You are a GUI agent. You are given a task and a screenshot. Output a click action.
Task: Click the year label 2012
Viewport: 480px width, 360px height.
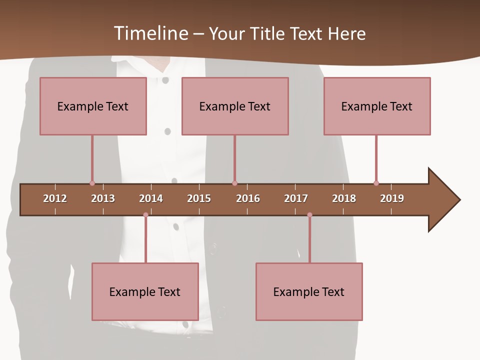tap(55, 198)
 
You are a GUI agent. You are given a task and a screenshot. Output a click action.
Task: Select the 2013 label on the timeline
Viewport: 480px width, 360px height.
tap(103, 198)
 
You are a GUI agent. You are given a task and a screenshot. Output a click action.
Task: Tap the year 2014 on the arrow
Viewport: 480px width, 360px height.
tap(151, 198)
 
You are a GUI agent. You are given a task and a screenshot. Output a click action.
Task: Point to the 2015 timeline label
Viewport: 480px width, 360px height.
tap(199, 198)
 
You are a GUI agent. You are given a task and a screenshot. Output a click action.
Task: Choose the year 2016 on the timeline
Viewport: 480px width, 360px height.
tap(248, 198)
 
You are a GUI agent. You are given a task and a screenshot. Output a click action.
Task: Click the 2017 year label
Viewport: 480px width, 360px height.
tap(296, 198)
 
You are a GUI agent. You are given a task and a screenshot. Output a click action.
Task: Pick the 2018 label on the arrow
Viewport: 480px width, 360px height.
tap(344, 198)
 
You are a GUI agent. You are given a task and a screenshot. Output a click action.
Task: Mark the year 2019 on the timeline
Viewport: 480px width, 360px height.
tap(392, 198)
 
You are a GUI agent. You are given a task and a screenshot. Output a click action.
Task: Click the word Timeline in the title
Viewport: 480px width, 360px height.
tap(150, 33)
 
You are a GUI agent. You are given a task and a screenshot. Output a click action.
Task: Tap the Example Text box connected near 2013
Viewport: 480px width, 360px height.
tap(93, 106)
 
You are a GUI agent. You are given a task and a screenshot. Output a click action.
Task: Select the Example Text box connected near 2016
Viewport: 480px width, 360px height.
tap(235, 106)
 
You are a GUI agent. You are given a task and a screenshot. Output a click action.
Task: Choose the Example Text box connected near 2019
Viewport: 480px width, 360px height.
tap(377, 106)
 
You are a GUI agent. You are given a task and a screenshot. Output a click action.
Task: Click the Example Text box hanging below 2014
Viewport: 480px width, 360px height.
tap(145, 291)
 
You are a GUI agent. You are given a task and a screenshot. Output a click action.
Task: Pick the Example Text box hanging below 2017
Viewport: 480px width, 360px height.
tap(309, 291)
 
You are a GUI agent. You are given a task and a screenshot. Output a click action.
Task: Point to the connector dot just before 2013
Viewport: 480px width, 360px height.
tap(92, 183)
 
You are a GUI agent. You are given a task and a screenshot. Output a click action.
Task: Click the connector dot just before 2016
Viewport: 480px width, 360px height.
tap(234, 183)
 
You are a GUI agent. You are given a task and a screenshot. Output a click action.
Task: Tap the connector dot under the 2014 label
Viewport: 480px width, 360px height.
tap(145, 215)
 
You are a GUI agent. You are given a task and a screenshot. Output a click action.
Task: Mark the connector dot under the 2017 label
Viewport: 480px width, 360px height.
tap(309, 215)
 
